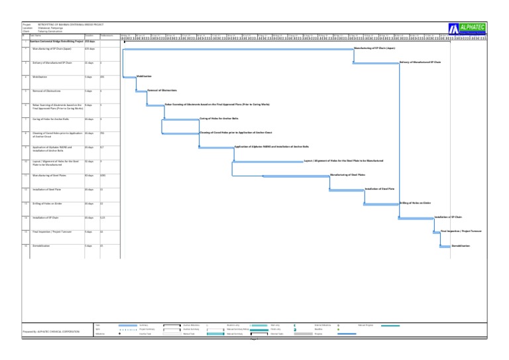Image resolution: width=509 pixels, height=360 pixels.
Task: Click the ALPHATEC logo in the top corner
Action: pyautogui.click(x=472, y=28)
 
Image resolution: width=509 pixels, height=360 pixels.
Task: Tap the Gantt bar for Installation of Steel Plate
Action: pyautogui.click(x=346, y=190)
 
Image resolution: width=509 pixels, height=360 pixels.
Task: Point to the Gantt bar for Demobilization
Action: pyautogui.click(x=444, y=247)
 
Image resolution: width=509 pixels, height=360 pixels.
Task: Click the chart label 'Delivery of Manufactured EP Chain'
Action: pyautogui.click(x=420, y=62)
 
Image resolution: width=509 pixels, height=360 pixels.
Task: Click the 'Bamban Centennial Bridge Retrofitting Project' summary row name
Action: pyautogui.click(x=54, y=41)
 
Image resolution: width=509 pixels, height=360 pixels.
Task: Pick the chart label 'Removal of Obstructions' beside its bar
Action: pyautogui.click(x=161, y=90)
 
